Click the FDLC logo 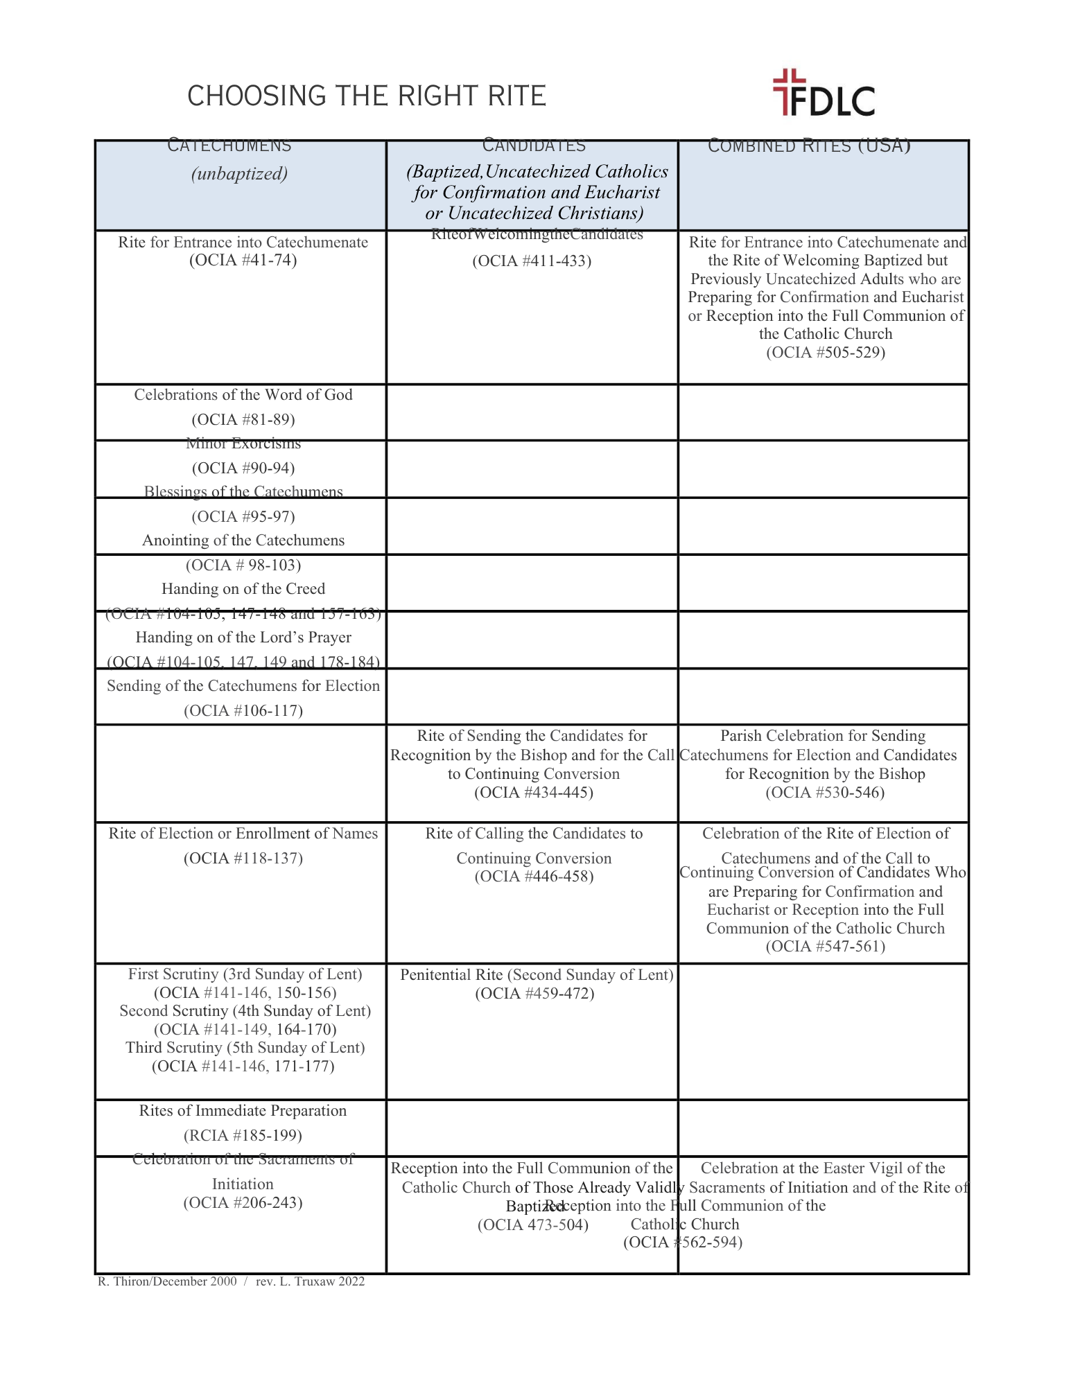point(824,93)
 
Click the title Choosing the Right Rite point(367,96)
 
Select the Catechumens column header point(229,146)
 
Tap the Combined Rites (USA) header point(809,146)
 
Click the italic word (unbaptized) point(239,173)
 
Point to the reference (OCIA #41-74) point(243,261)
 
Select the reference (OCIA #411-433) point(532,261)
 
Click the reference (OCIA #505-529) point(826,353)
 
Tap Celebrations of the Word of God point(243,395)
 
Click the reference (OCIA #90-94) point(243,468)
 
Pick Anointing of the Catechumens point(243,541)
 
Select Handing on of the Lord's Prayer point(243,638)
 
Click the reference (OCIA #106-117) point(243,711)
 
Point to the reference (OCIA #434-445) point(534,793)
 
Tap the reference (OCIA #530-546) point(825,793)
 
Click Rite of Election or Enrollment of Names point(243,834)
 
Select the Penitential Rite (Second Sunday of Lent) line point(537,975)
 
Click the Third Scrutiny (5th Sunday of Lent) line point(245,1048)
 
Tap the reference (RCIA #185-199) point(243,1136)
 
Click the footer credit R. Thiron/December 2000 point(167,1281)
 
